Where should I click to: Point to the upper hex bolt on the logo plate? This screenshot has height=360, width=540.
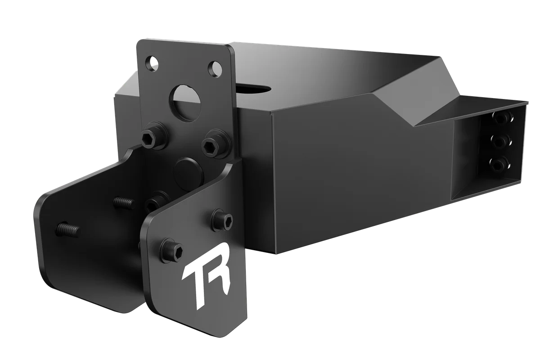click(222, 219)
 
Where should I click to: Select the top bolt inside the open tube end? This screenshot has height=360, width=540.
click(502, 118)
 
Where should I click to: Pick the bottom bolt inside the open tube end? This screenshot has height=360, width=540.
click(497, 165)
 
